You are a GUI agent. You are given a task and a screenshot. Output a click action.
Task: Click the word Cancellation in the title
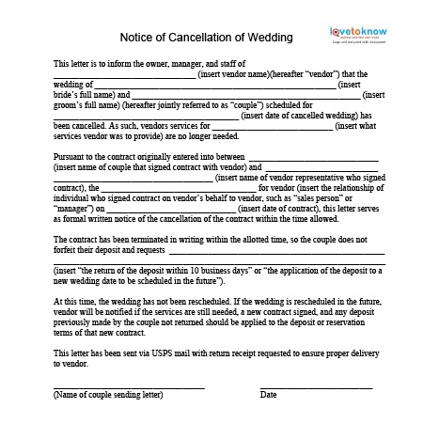click(193, 38)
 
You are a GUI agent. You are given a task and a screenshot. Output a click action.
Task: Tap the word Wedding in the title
click(269, 38)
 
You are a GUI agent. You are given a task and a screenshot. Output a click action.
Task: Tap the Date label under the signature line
click(269, 395)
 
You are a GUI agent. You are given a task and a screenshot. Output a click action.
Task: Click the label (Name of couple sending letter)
click(102, 395)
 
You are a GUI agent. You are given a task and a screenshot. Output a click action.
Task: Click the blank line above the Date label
click(316, 385)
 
